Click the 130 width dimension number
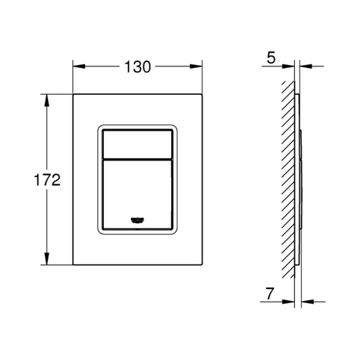tap(137, 67)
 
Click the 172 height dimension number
tap(47, 180)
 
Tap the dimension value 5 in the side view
tap(271, 58)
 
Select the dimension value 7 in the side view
tap(270, 294)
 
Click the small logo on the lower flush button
tap(137, 220)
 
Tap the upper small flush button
tap(137, 143)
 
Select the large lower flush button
tap(137, 194)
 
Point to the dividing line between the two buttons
tap(137, 158)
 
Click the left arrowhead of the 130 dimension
tap(79, 66)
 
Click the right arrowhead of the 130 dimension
tap(196, 66)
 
